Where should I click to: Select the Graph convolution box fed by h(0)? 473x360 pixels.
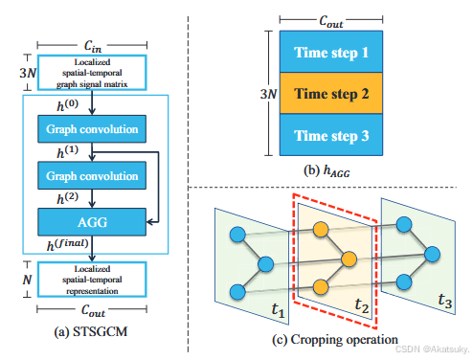pyautogui.click(x=91, y=128)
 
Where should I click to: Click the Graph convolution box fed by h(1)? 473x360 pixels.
pyautogui.click(x=91, y=174)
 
